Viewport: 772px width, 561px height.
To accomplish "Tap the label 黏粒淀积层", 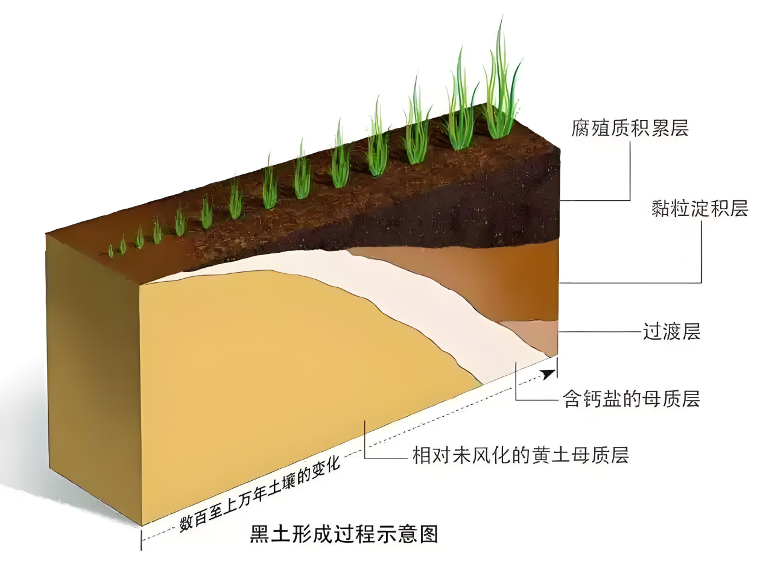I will pos(700,208).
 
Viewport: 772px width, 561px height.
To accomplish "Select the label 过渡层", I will pos(671,332).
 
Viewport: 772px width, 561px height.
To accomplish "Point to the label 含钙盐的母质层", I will pos(631,399).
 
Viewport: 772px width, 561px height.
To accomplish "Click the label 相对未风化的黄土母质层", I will pos(520,455).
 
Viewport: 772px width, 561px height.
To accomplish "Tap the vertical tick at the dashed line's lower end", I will pos(142,539).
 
